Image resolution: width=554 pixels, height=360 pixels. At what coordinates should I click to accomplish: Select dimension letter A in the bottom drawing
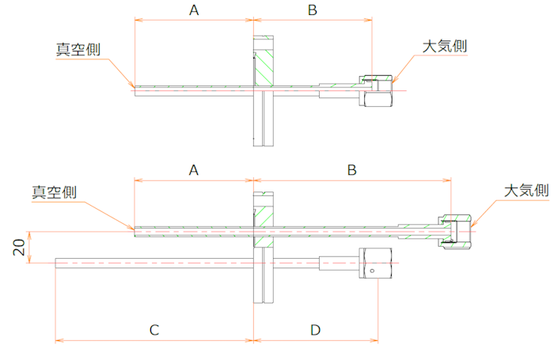point(194,169)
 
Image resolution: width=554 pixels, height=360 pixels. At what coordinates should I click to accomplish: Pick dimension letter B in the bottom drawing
point(353,169)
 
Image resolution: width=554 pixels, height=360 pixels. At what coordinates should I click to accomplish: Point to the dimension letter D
point(315,329)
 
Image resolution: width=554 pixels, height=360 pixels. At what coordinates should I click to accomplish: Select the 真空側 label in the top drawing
point(78,47)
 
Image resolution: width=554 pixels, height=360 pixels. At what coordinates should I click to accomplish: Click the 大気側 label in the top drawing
point(445,46)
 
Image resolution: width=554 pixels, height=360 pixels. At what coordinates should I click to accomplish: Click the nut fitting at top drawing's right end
point(377,91)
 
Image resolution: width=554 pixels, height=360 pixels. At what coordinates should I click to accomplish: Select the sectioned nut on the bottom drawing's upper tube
point(456,230)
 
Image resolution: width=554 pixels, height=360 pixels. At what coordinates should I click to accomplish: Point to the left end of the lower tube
point(57,262)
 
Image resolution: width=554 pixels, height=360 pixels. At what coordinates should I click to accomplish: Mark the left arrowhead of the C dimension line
point(58,342)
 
